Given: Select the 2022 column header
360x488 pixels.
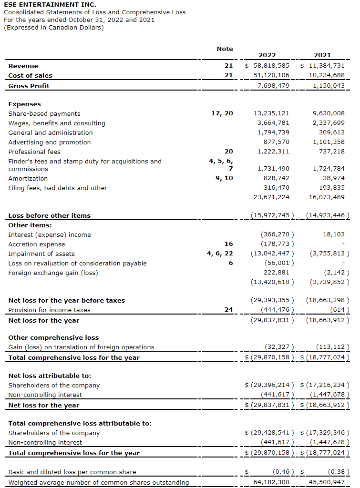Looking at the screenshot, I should [267, 55].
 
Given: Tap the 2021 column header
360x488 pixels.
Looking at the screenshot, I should [322, 55].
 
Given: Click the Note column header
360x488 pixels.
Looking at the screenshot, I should [225, 49].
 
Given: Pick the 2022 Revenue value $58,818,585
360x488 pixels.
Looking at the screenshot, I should [267, 66].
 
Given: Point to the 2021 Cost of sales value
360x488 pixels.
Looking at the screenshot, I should [326, 75].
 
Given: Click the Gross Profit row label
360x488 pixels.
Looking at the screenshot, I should [29, 86].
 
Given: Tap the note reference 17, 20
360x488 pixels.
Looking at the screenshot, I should [222, 113].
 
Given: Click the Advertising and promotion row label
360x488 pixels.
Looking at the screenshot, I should [49, 142].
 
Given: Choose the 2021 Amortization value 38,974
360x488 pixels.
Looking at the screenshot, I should [333, 178].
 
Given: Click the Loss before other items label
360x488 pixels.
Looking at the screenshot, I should [49, 215].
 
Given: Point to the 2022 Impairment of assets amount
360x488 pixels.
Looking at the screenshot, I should [272, 254].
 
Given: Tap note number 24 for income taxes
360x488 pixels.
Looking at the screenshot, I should [228, 310].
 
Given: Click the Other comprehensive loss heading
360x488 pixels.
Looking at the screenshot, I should [53, 337].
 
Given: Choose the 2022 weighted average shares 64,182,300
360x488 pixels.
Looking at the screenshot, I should [271, 482].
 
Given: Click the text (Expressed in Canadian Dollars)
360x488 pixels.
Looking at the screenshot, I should [53, 27].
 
